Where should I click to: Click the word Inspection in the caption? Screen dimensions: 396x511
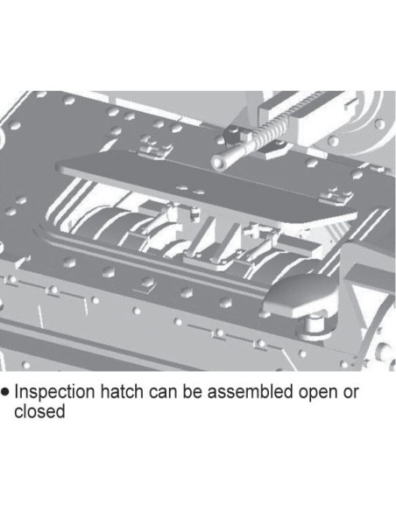(x=55, y=392)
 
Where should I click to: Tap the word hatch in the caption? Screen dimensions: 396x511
(x=122, y=391)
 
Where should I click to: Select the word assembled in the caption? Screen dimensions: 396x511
(x=250, y=391)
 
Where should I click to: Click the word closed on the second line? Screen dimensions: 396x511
(x=39, y=411)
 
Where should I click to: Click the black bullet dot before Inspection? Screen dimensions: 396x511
(x=5, y=391)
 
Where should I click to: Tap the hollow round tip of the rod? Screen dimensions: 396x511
(x=219, y=162)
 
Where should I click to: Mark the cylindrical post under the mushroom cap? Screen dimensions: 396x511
(x=315, y=325)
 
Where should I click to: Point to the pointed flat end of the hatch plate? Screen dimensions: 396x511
(x=65, y=167)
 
